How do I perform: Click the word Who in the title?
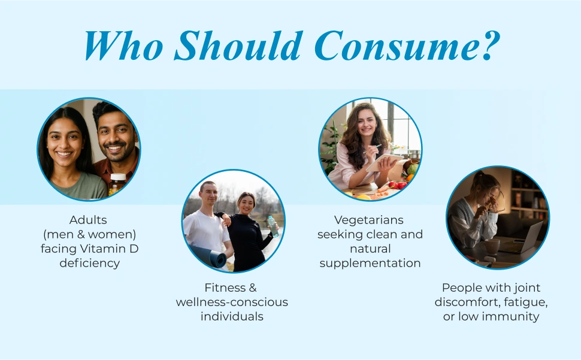click(x=124, y=46)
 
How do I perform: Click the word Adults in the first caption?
click(x=88, y=220)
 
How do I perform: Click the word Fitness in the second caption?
click(x=225, y=288)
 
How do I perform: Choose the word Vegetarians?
click(x=369, y=220)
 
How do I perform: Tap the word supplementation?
click(x=370, y=264)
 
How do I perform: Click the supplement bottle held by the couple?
click(x=117, y=184)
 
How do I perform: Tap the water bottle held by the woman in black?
click(x=273, y=226)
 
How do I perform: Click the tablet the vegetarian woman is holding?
click(x=384, y=162)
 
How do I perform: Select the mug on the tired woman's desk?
click(x=490, y=246)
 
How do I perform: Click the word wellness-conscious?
click(x=232, y=302)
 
